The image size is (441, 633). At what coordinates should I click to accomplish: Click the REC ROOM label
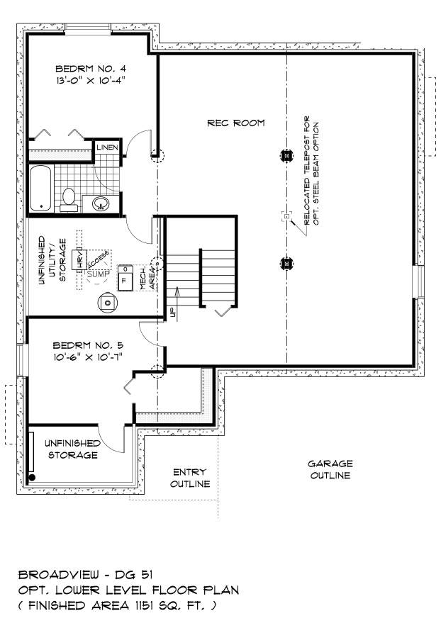coord(236,123)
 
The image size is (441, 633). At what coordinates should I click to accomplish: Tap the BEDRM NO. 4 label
coord(91,69)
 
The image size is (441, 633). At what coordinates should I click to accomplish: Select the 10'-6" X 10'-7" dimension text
coord(88,357)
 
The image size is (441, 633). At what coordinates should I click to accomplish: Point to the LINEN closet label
coord(108,147)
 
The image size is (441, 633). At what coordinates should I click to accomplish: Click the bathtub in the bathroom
coord(40,188)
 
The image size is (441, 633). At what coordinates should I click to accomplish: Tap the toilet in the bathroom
coord(69,200)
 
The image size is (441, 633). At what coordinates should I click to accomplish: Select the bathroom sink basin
coord(101,203)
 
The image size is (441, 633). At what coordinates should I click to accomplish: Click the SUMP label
coord(98,274)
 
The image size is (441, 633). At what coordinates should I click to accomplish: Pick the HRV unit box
coord(79,260)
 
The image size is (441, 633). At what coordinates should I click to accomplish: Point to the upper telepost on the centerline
coord(286,155)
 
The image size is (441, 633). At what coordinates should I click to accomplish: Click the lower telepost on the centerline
coord(286,264)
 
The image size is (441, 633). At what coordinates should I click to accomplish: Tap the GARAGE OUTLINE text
coord(330,469)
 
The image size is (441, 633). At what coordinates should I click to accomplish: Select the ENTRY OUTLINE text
coord(190,478)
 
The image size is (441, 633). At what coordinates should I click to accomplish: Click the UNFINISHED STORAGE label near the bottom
coord(73,449)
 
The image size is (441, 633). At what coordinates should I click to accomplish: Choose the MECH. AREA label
coord(147,278)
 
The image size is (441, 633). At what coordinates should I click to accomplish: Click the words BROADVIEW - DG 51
coord(85,574)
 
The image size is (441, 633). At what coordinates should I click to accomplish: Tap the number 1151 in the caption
coord(143,605)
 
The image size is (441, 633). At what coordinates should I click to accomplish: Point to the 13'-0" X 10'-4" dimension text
coord(91,80)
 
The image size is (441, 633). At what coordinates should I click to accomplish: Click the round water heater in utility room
coord(108,303)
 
